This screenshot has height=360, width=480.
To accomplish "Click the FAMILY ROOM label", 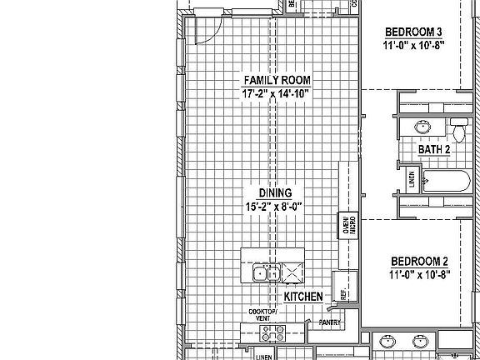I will coord(277,80).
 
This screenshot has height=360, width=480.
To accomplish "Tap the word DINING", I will coord(274,192).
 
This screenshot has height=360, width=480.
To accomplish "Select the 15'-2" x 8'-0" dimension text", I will coord(274,205).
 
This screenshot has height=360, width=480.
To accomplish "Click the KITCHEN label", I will coord(303,297).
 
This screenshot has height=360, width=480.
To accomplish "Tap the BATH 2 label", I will coord(434,149).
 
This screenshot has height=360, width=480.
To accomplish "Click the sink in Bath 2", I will coord(422,127).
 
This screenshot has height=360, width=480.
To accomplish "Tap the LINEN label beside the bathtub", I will coord(411,180).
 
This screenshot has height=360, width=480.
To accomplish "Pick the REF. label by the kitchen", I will coord(342,293).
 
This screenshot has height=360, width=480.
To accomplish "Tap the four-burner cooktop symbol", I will coord(272,333).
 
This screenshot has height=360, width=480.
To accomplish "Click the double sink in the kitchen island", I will coord(266,272).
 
